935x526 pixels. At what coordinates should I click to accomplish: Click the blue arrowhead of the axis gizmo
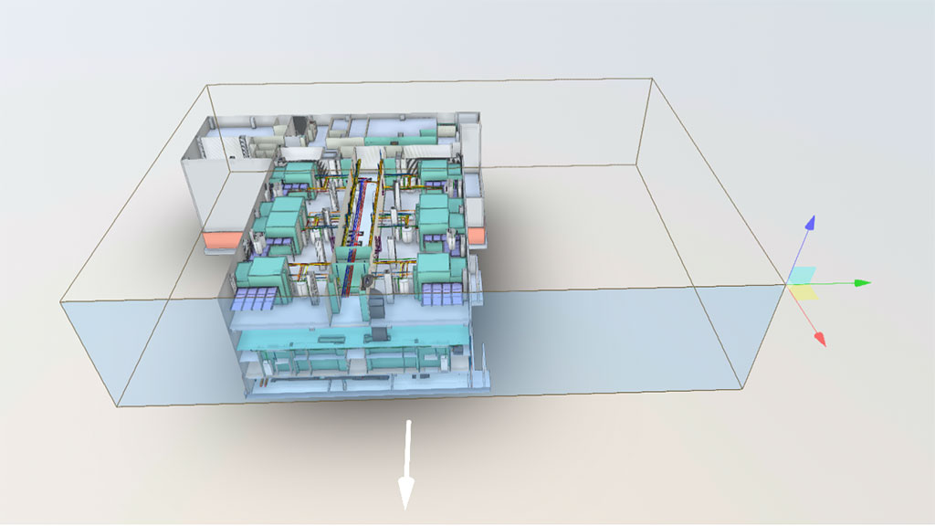[809, 222]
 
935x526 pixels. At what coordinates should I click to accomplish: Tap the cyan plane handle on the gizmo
[803, 275]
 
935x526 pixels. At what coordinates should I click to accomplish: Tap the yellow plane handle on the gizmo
[803, 291]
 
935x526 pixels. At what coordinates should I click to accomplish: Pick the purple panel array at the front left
[257, 298]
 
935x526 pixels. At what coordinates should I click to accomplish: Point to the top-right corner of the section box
[651, 79]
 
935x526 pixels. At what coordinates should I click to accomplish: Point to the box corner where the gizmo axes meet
[787, 285]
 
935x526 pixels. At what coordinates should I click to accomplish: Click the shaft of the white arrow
[408, 452]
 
